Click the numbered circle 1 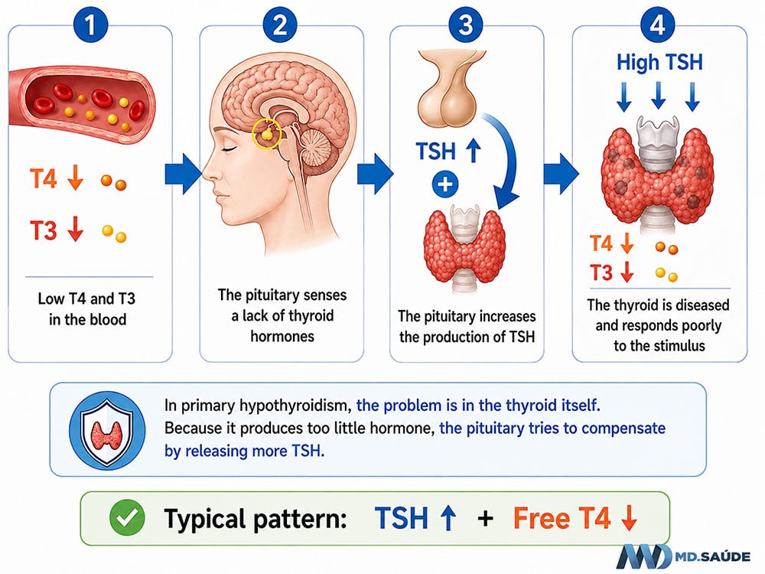pos(90,24)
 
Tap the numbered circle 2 pos(279,24)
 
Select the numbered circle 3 pos(466,24)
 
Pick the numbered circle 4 pos(657,24)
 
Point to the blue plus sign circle pos(445,185)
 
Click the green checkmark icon pos(127,517)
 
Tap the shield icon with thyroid pos(107,430)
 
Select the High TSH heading pos(659,63)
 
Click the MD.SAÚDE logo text pos(713,556)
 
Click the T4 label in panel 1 pos(44,178)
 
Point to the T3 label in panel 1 pos(44,230)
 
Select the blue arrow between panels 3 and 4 pos(561,174)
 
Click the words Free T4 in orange pos(562,518)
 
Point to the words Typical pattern pos(256,518)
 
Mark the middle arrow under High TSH pos(658,96)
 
